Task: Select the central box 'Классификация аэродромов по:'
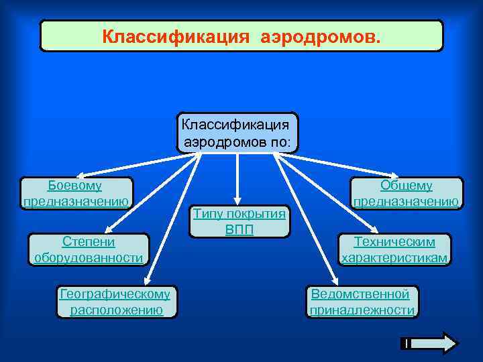[x=237, y=133]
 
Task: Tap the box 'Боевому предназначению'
[x=75, y=194]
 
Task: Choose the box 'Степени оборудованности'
[x=89, y=249]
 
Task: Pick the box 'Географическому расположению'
[x=115, y=302]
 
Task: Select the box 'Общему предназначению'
[x=407, y=194]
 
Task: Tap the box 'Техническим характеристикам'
[x=395, y=249]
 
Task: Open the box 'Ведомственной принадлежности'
[x=362, y=302]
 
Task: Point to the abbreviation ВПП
[x=239, y=229]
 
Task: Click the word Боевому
[x=75, y=186]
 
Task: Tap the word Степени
[x=89, y=241]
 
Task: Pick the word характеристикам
[x=395, y=258]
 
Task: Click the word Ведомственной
[x=360, y=294]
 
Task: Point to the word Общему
[x=407, y=186]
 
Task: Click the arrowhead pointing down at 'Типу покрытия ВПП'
[x=236, y=199]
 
